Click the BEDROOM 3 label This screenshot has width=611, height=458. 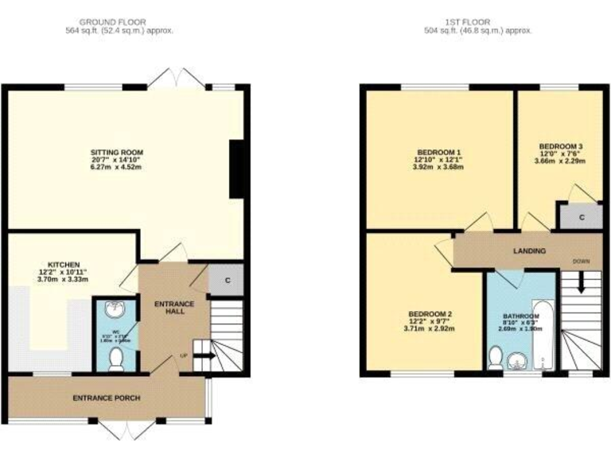click(x=561, y=146)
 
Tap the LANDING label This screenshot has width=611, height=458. click(x=529, y=251)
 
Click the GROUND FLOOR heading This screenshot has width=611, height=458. click(x=119, y=21)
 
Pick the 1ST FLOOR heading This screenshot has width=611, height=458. click(x=477, y=21)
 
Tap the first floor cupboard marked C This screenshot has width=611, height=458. click(x=582, y=217)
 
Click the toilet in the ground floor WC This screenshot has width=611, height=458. click(x=116, y=359)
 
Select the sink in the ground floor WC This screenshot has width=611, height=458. click(x=115, y=309)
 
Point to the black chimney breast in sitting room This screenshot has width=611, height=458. click(x=236, y=169)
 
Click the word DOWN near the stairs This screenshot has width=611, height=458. click(x=582, y=261)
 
